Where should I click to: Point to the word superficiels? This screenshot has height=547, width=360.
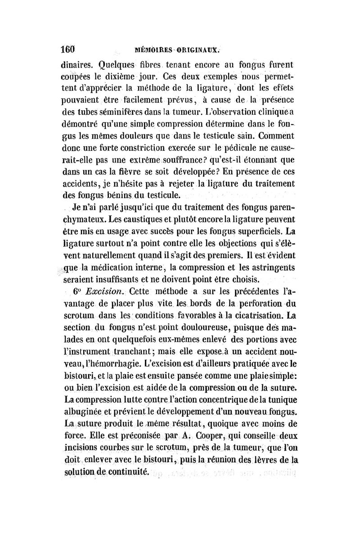pyautogui.click(x=255, y=232)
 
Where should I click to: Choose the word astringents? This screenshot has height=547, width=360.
pyautogui.click(x=267, y=269)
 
